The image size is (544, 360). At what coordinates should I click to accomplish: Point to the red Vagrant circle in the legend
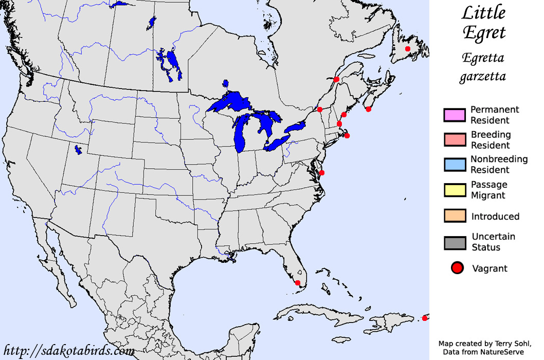[x=458, y=268]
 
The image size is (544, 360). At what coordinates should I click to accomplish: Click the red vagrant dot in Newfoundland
[x=408, y=49]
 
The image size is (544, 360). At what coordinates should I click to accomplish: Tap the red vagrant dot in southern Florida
[x=297, y=283]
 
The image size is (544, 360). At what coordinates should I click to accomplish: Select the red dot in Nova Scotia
[x=368, y=109]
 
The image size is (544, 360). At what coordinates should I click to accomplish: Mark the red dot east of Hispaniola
[x=425, y=318]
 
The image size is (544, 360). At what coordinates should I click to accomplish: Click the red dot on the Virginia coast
[x=322, y=173]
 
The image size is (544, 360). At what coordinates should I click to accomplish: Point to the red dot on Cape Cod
[x=347, y=136]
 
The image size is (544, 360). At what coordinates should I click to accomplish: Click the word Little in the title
[x=483, y=13]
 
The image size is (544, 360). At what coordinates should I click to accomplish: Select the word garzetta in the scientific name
[x=483, y=77]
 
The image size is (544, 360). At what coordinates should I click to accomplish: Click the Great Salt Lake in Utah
[x=78, y=150]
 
